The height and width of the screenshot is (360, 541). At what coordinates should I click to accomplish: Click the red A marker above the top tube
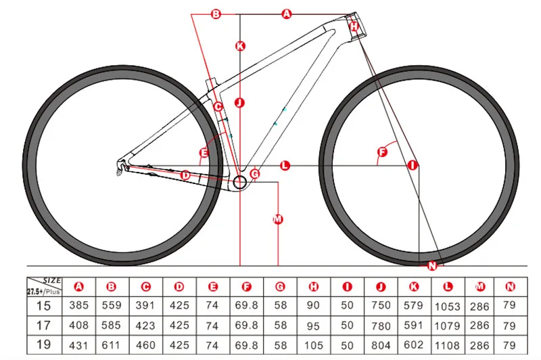point(285,14)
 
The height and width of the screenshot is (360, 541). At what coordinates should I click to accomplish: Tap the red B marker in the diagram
point(216,14)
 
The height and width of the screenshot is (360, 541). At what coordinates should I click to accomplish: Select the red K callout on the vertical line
point(239,46)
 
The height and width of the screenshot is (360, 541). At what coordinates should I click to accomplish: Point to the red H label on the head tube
point(353,26)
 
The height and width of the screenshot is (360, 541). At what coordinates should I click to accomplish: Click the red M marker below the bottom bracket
point(277,219)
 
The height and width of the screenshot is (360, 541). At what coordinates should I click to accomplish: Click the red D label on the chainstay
point(185,175)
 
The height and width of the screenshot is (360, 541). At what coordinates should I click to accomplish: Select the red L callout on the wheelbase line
point(285,165)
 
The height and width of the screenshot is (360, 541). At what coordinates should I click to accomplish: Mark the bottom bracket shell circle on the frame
point(240,183)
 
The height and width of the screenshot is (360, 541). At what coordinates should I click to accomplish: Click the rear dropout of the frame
point(122,165)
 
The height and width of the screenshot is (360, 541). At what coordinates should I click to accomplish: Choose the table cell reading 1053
point(446,305)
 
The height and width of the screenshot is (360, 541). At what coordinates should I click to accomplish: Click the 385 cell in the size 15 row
point(79,305)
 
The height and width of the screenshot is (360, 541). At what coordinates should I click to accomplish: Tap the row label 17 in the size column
point(44,324)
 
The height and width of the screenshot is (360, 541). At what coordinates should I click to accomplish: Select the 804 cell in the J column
point(381,344)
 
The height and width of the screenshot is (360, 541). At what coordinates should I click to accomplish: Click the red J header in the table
point(381,286)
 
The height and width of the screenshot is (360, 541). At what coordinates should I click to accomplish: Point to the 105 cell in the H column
point(313,344)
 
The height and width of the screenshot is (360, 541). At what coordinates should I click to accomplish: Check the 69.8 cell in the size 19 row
point(246,344)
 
